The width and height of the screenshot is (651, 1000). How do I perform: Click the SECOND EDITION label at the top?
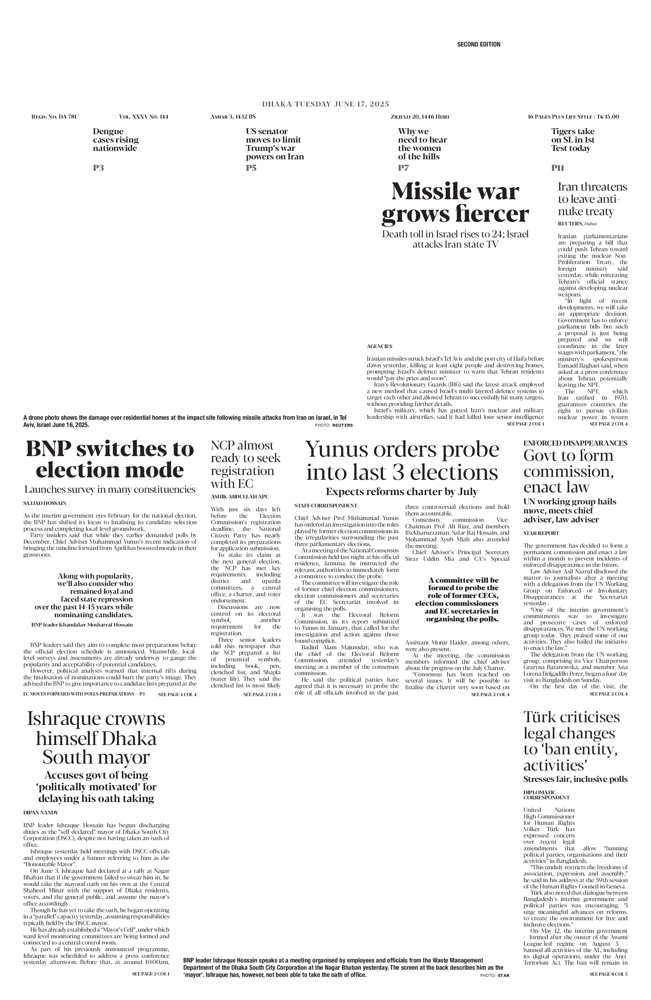click(478, 44)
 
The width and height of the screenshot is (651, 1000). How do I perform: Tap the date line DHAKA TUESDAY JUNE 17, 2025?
click(325, 104)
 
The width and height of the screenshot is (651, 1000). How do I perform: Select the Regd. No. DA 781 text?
click(54, 116)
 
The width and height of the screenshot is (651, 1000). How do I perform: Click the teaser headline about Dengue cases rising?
click(115, 140)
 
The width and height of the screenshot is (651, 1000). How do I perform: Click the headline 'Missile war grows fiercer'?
click(455, 203)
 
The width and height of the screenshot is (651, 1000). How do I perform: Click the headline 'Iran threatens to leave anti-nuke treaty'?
click(592, 199)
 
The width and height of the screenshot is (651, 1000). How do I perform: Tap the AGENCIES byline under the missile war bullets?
click(379, 346)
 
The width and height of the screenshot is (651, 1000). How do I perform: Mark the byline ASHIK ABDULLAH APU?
click(239, 497)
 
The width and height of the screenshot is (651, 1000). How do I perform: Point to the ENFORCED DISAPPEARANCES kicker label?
click(575, 443)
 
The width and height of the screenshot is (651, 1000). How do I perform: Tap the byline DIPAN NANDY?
click(41, 812)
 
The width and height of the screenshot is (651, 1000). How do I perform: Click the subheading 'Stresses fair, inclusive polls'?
click(575, 779)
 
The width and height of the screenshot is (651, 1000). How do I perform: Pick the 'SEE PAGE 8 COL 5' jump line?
click(608, 974)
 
